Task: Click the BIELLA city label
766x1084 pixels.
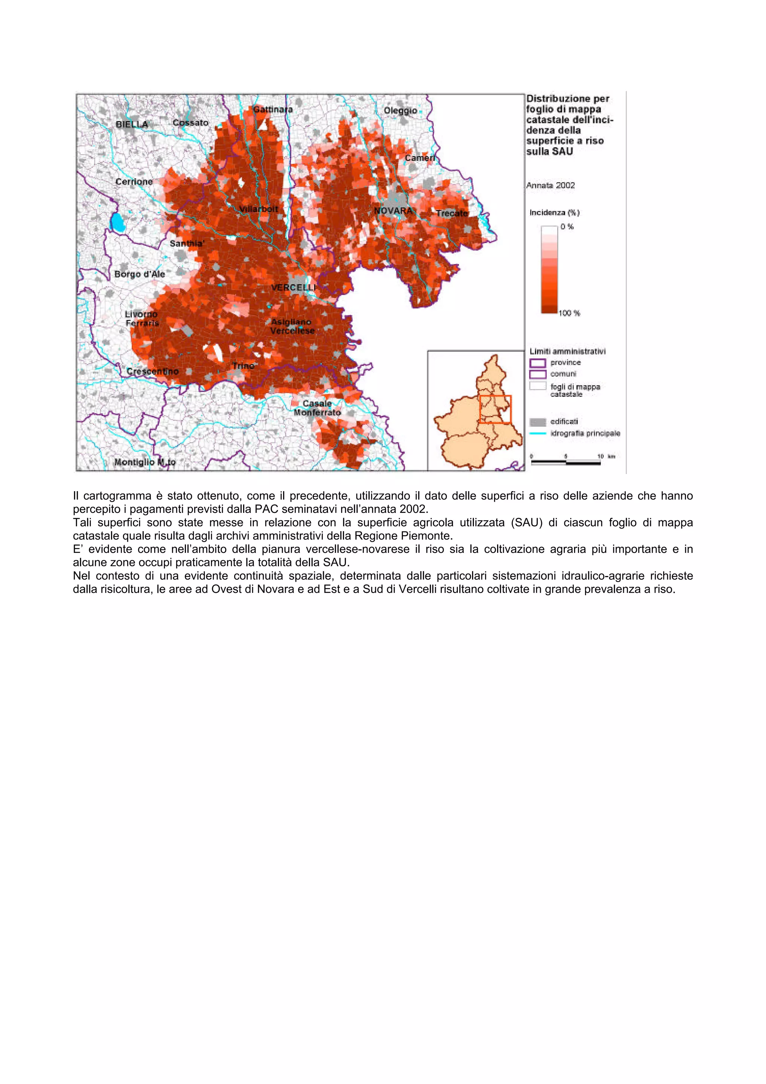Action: (x=132, y=124)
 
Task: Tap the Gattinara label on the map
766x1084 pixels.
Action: (x=273, y=110)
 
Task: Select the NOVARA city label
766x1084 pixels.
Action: (x=393, y=211)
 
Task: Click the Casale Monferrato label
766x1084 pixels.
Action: (x=317, y=408)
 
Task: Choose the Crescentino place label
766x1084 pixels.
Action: (x=153, y=371)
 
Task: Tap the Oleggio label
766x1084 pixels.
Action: (x=400, y=110)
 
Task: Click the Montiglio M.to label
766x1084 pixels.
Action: (x=145, y=462)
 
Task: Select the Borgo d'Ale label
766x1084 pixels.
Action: (x=140, y=274)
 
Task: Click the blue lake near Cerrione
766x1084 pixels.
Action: (x=118, y=222)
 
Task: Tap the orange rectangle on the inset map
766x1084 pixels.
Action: (x=495, y=409)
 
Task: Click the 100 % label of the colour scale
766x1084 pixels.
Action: (x=569, y=313)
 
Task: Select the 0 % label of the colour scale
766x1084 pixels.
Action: (x=567, y=227)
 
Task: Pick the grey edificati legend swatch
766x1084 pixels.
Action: (x=537, y=422)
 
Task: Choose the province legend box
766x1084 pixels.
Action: (x=537, y=362)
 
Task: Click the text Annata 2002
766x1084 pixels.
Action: (x=550, y=186)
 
